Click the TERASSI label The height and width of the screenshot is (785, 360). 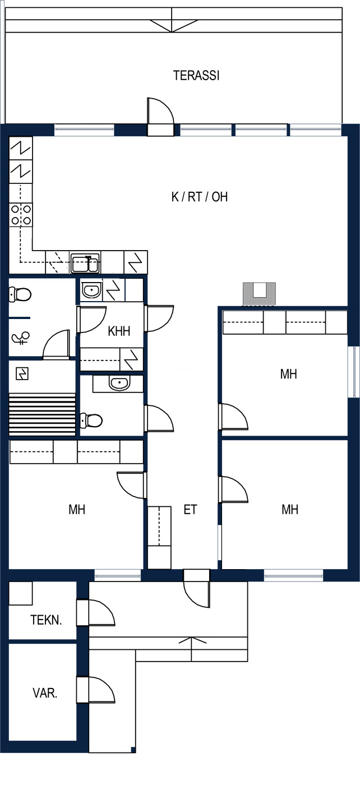pyautogui.click(x=196, y=75)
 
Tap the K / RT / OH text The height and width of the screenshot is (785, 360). pyautogui.click(x=200, y=197)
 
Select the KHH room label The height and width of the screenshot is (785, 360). pyautogui.click(x=119, y=331)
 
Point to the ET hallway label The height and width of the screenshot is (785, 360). pyautogui.click(x=190, y=510)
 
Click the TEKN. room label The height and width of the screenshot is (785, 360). pyautogui.click(x=46, y=620)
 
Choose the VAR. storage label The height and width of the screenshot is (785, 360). pyautogui.click(x=45, y=693)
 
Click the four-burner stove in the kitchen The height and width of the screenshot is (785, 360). pyautogui.click(x=21, y=215)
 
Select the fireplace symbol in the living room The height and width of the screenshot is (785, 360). pyautogui.click(x=260, y=294)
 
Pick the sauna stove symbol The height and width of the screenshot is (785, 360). pyautogui.click(x=22, y=373)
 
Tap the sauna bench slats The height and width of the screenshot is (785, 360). pyautogui.click(x=42, y=414)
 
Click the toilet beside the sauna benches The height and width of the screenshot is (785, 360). pyautogui.click(x=91, y=420)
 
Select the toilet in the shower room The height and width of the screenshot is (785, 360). pyautogui.click(x=20, y=294)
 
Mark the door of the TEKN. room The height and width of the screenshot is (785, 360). pyautogui.click(x=96, y=613)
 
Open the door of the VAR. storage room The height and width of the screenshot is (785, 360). pyautogui.click(x=96, y=690)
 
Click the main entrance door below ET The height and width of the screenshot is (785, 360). pyautogui.click(x=197, y=588)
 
